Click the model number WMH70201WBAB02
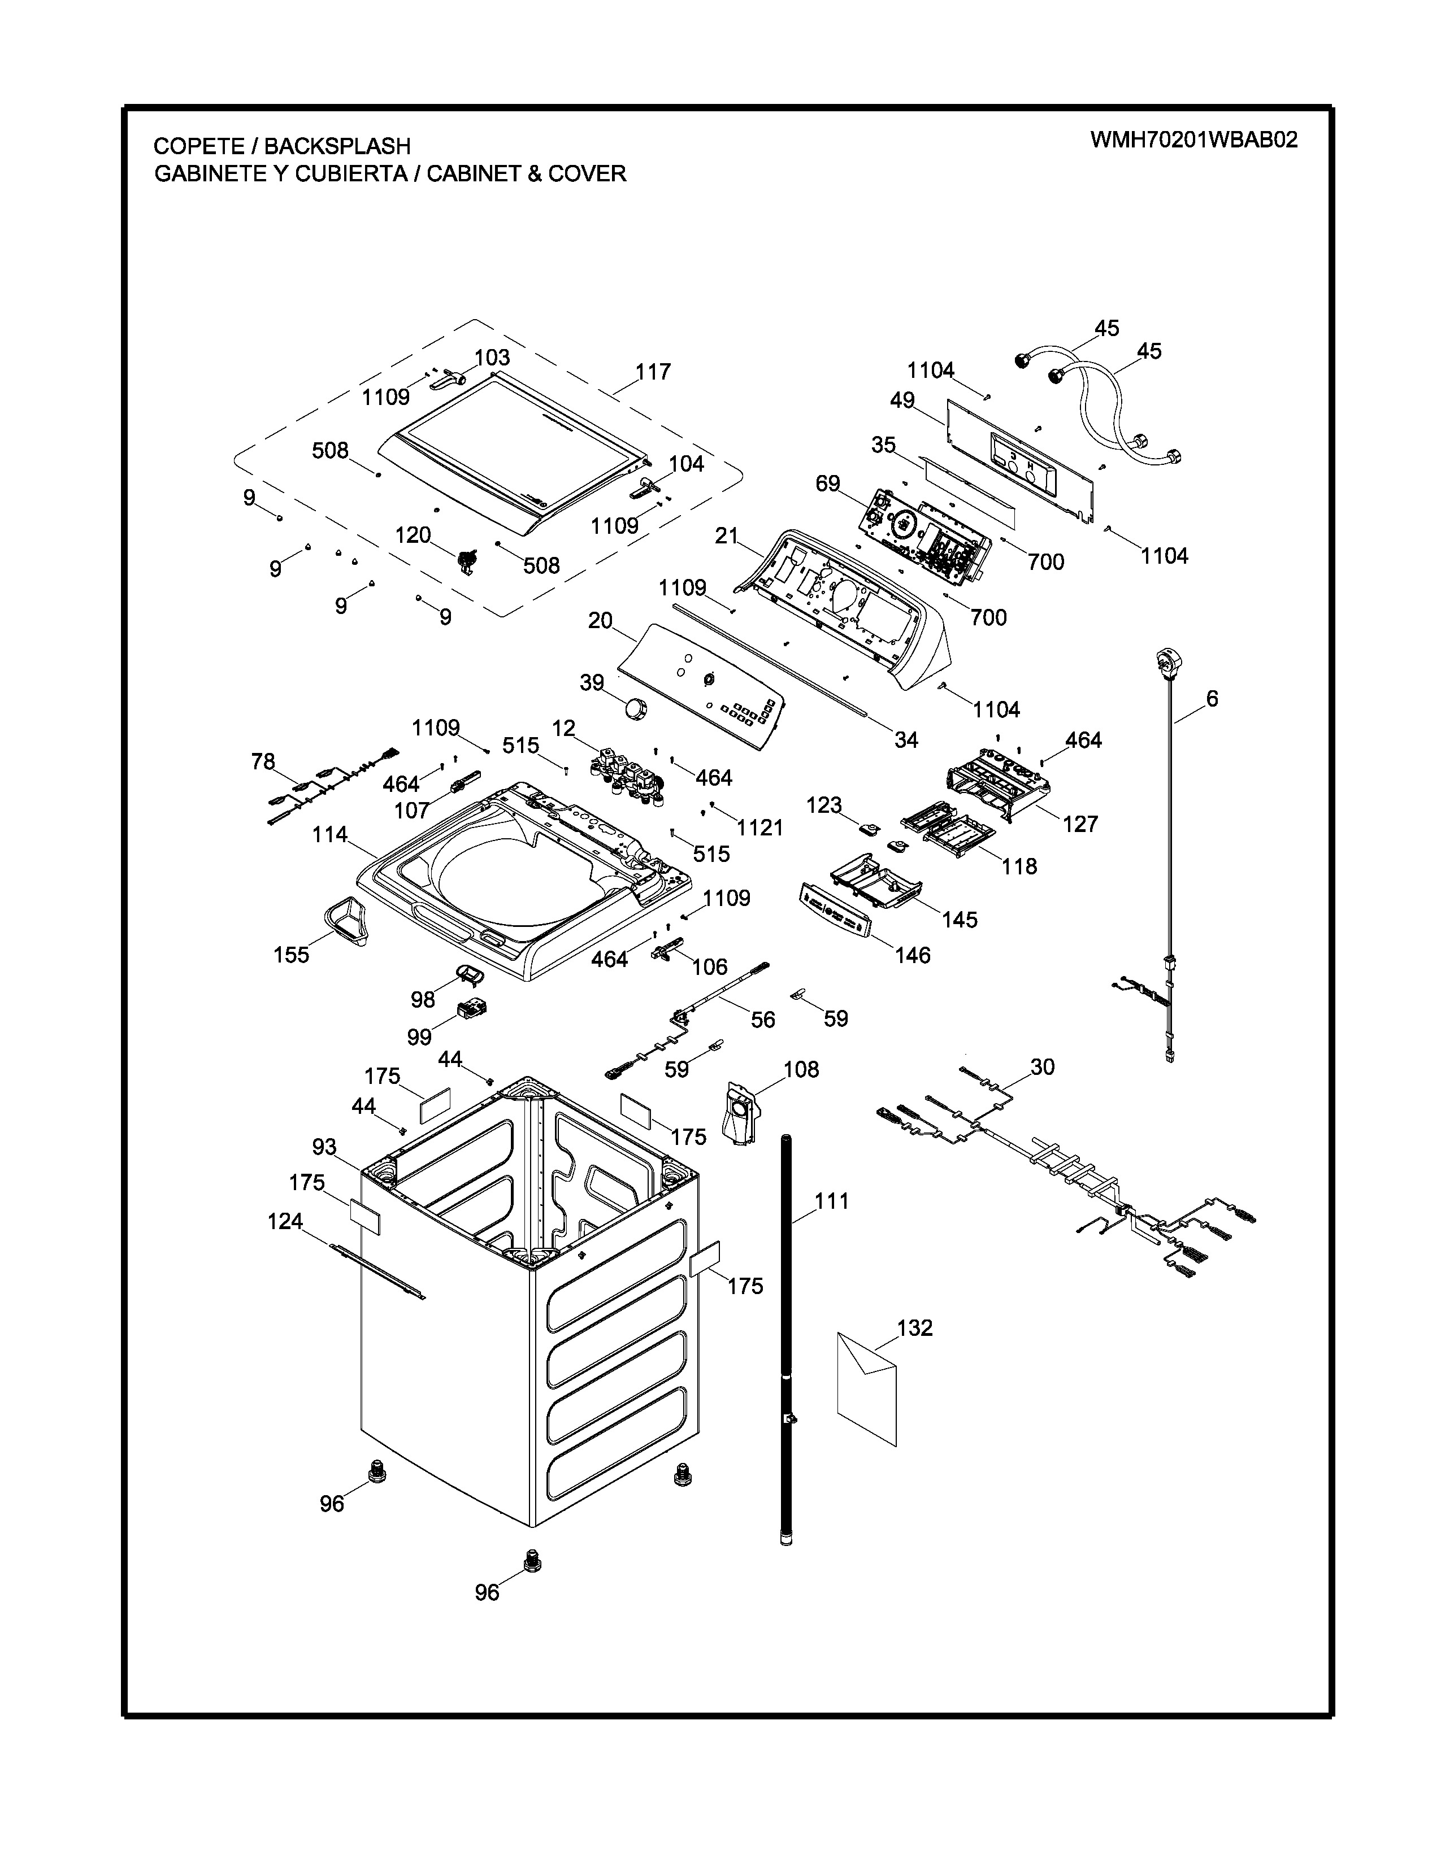(1193, 140)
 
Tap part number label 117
(653, 372)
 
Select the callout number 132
(914, 1328)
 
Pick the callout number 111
(831, 1201)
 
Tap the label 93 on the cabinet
(324, 1147)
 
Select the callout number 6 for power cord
(1212, 699)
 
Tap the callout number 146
(913, 955)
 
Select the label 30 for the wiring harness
(1043, 1067)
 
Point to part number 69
(827, 484)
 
